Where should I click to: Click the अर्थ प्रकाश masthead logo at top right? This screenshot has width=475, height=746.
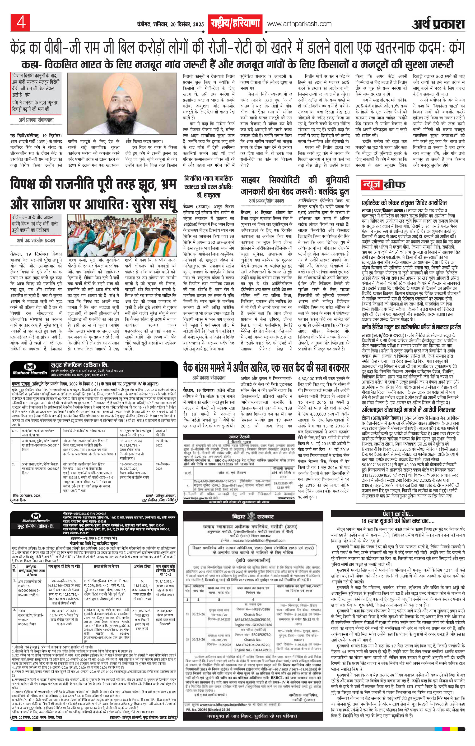click(x=438, y=24)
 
